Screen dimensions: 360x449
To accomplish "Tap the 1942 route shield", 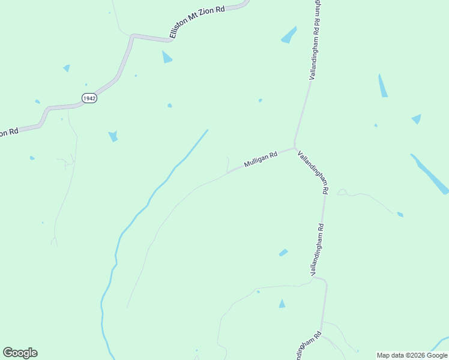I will click(x=89, y=98).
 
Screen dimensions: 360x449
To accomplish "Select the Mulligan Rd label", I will click(x=261, y=159).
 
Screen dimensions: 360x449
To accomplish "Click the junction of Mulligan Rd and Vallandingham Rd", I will click(x=294, y=148).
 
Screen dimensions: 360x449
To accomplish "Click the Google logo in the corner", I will click(x=20, y=352).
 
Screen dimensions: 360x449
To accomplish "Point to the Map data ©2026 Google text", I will click(x=412, y=355).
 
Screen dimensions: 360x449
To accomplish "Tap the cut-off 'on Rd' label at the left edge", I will click(x=9, y=132).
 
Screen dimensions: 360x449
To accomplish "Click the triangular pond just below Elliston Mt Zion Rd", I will click(x=166, y=58).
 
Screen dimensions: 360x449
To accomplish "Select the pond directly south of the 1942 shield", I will click(x=112, y=136).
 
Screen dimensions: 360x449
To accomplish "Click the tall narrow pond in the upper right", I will click(x=382, y=86).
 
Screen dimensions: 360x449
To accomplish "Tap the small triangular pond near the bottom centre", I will click(x=282, y=304).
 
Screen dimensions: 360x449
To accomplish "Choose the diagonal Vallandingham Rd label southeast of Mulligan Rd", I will click(x=313, y=171).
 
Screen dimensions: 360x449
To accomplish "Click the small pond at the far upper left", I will click(x=67, y=68).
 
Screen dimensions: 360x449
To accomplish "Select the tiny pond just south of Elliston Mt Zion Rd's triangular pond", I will click(x=170, y=106).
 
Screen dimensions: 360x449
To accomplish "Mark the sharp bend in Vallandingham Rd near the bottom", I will click(x=325, y=281).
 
